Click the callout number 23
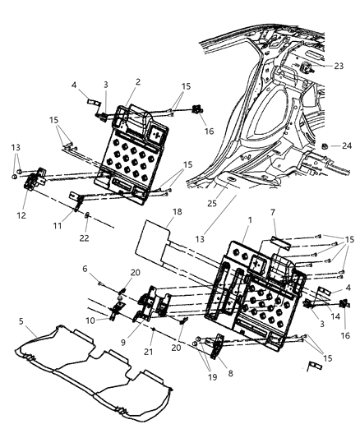click(339, 67)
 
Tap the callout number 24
click(346, 145)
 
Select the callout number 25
click(213, 202)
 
